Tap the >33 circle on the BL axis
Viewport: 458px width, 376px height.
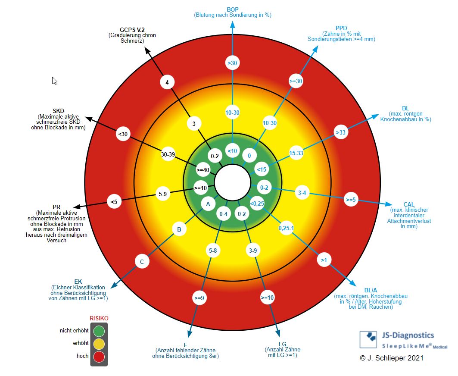[341, 132]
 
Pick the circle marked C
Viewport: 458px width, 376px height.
[142, 261]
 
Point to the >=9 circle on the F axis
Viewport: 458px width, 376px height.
[199, 298]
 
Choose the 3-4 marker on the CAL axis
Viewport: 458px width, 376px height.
[302, 193]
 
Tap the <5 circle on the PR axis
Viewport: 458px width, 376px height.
[114, 201]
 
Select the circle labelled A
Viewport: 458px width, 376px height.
[208, 204]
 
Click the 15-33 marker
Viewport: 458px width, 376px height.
[296, 153]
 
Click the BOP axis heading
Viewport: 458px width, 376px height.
[233, 9]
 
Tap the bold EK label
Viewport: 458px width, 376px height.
[78, 281]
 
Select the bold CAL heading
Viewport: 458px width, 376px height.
[409, 204]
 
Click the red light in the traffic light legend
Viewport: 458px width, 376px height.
[99, 356]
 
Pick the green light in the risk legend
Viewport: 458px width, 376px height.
[99, 331]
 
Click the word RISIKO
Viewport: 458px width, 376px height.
[99, 318]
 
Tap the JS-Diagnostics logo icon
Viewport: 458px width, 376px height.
[369, 339]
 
